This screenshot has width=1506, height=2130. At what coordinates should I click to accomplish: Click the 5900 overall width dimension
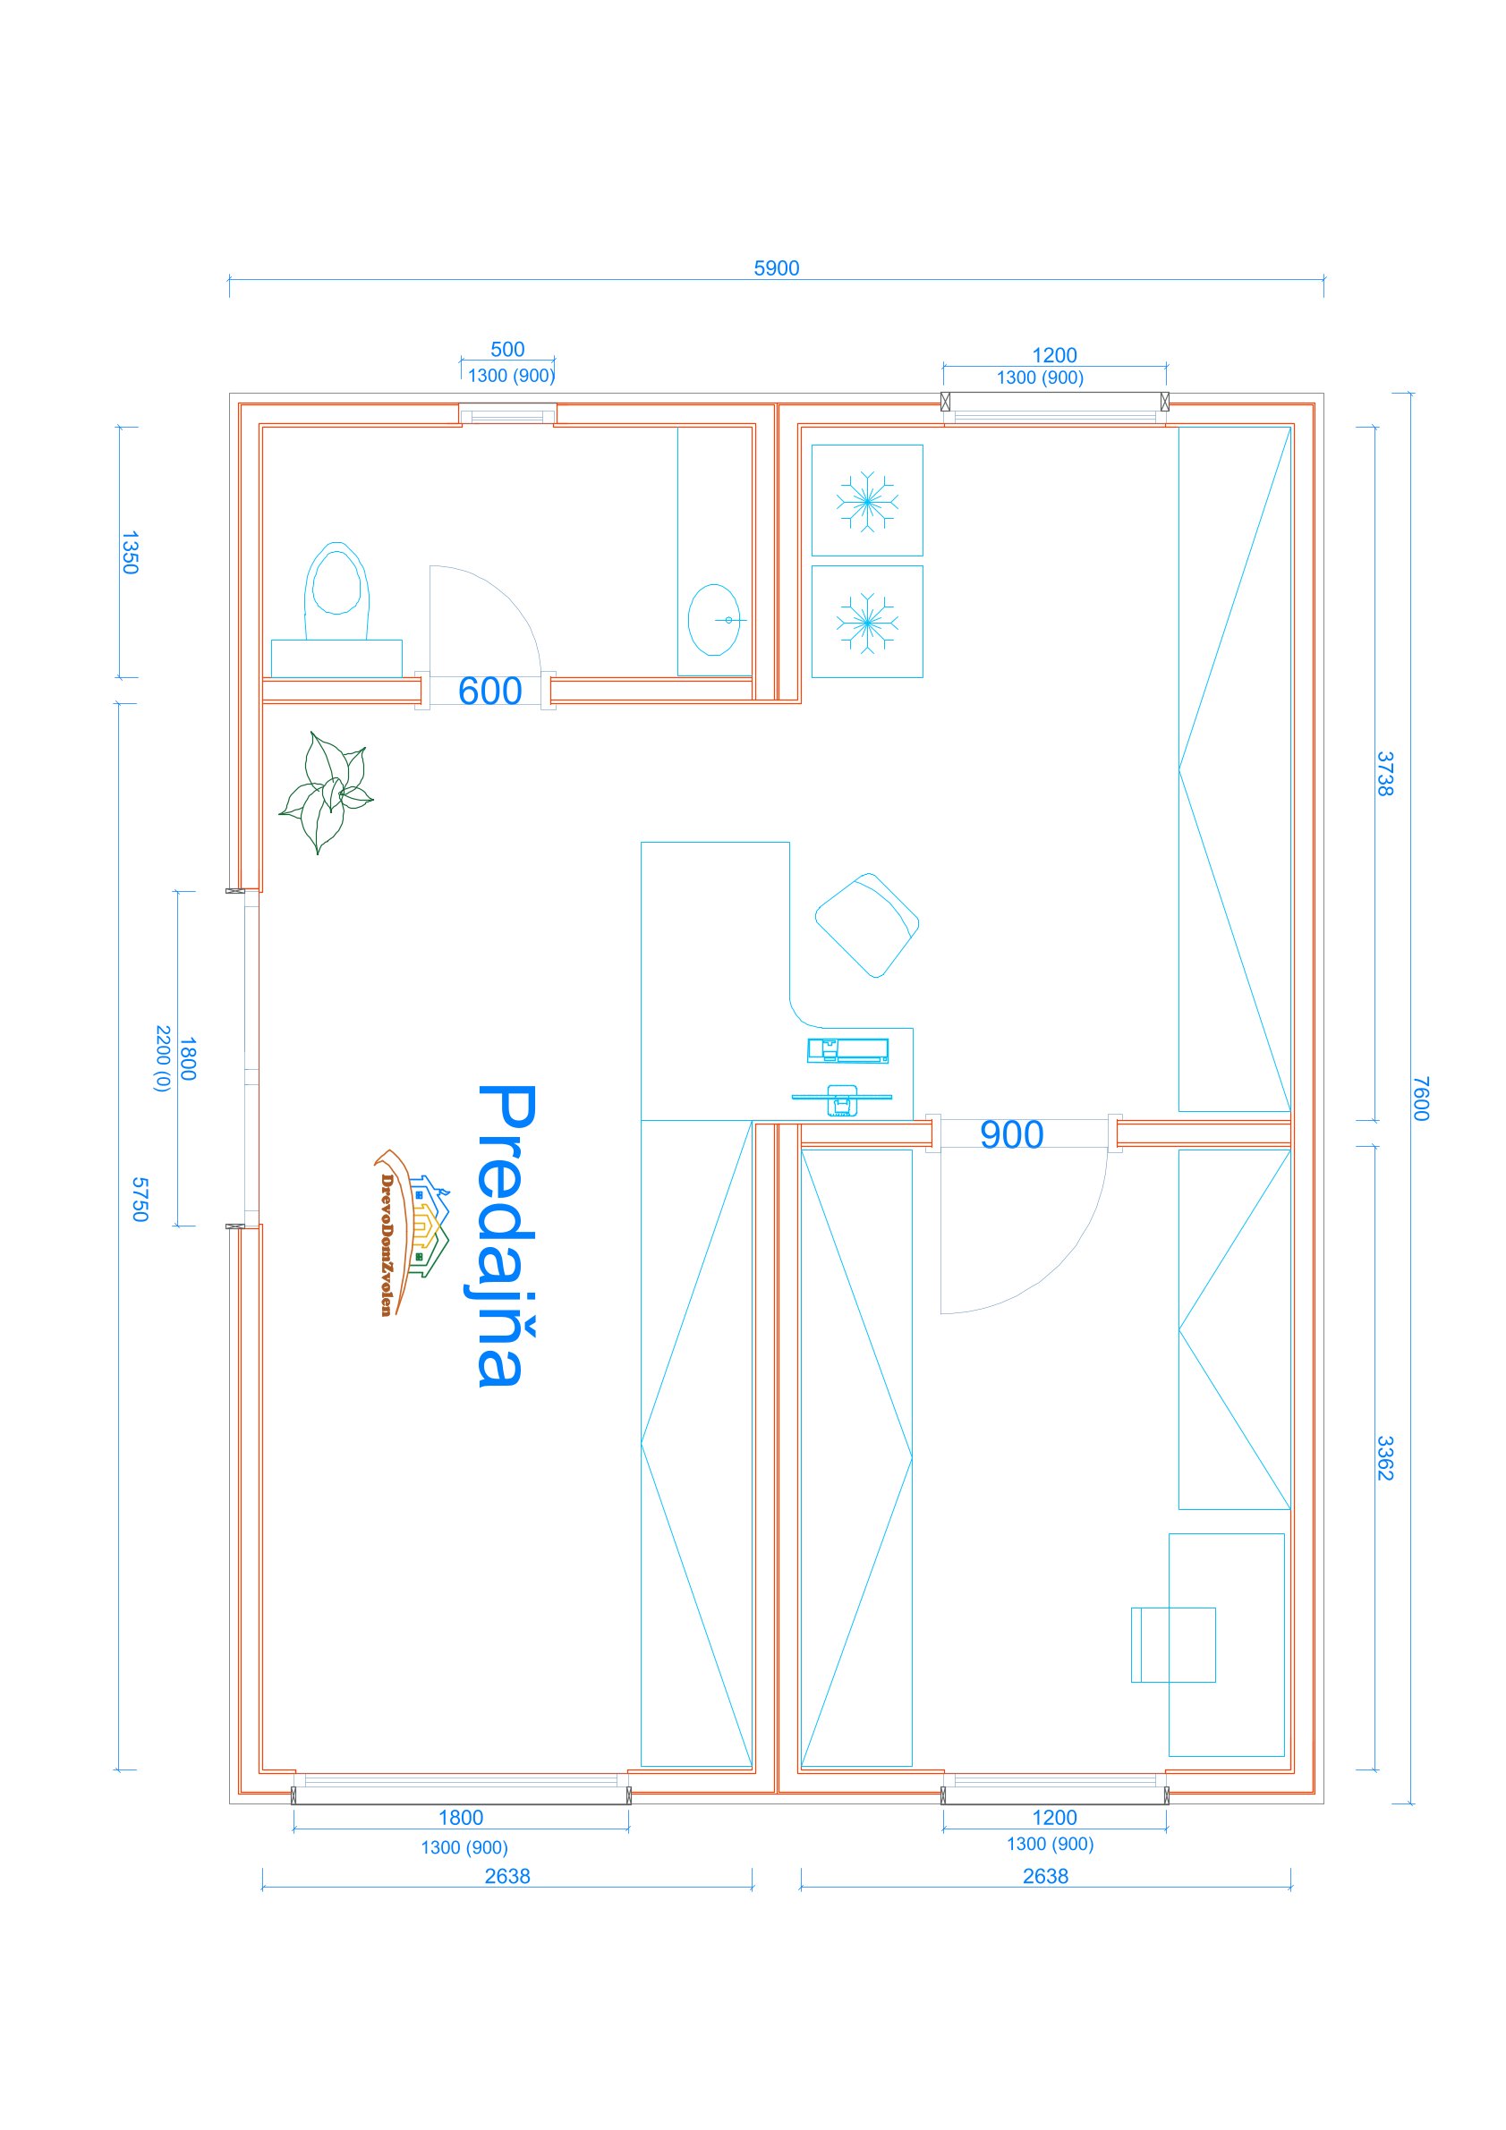click(x=776, y=268)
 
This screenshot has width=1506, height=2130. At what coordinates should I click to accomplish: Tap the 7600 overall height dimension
click(x=1421, y=1099)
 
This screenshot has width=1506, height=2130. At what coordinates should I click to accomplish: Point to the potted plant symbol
click(x=326, y=792)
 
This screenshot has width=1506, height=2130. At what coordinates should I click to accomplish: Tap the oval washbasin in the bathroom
click(x=714, y=619)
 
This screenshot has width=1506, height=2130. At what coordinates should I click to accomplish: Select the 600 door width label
click(x=490, y=692)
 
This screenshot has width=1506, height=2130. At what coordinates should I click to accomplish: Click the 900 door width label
click(x=1011, y=1134)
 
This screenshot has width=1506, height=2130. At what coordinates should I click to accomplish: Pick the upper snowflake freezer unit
click(x=867, y=501)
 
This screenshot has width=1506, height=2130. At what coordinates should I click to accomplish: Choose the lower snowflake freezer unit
click(x=867, y=622)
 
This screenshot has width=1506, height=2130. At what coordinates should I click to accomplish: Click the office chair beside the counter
click(x=867, y=924)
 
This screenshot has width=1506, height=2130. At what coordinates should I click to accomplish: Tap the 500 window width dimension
click(x=506, y=350)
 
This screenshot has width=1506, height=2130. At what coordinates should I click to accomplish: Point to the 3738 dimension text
click(x=1384, y=774)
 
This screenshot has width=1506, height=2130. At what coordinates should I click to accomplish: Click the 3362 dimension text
click(x=1384, y=1458)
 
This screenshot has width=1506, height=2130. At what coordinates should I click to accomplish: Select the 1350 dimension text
click(x=130, y=552)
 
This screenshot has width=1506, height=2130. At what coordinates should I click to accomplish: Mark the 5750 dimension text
click(x=140, y=1200)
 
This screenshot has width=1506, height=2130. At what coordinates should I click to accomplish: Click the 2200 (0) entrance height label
click(x=162, y=1058)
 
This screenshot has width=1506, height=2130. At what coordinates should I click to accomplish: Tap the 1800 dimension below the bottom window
click(x=460, y=1818)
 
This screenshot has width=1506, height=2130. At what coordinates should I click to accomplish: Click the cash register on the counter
click(x=847, y=1050)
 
